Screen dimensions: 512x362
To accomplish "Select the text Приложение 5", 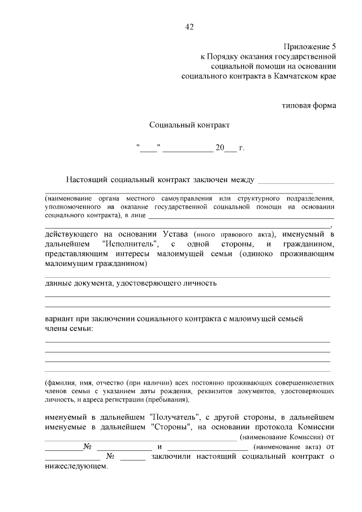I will pos(309,46).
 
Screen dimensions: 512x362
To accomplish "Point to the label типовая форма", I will pos(309,105).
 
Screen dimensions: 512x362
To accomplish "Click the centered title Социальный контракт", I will pos(189,124).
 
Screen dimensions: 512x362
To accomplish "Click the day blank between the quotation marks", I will pos(149,149).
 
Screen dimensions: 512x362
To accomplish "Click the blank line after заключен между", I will pos(295,180).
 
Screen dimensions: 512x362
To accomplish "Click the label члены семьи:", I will pos(69,328).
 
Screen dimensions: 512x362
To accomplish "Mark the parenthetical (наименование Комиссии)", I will pos(282,437).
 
